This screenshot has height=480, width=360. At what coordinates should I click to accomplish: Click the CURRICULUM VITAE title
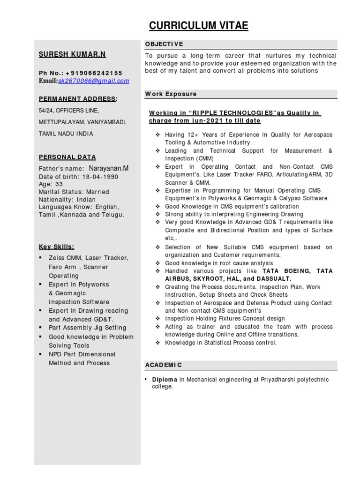point(198,25)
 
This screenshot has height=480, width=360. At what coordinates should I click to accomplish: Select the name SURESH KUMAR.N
point(72,54)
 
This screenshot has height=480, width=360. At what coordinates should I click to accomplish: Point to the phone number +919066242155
point(94,73)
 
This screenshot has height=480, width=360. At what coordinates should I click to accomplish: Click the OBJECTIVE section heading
point(164,44)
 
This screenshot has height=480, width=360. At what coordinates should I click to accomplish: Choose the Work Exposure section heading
point(171,94)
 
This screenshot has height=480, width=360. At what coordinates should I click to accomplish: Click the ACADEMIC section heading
point(164,365)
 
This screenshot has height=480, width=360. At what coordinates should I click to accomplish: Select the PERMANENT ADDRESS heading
point(77,98)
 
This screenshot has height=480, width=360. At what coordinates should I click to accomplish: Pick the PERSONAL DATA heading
point(67,157)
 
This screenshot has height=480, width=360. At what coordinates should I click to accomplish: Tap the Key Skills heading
point(56,247)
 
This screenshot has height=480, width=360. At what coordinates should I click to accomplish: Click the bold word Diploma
point(164,379)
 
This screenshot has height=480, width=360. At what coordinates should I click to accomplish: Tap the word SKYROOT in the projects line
point(199,278)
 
